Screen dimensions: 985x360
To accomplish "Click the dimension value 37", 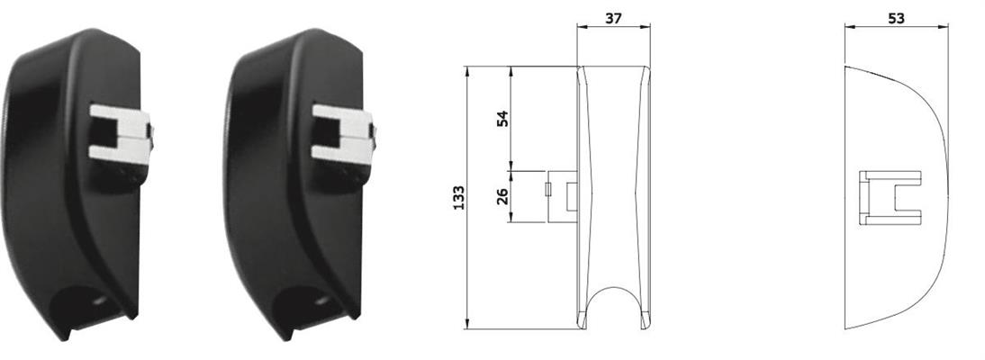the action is [613, 18].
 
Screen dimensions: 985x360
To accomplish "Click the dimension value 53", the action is [897, 18].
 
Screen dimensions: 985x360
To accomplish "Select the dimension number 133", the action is [459, 198].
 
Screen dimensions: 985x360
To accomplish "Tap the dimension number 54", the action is [502, 118].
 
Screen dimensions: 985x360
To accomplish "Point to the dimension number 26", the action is [502, 196].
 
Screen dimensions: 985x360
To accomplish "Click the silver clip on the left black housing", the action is [121, 135].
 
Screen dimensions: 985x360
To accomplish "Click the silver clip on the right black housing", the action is [344, 135].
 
